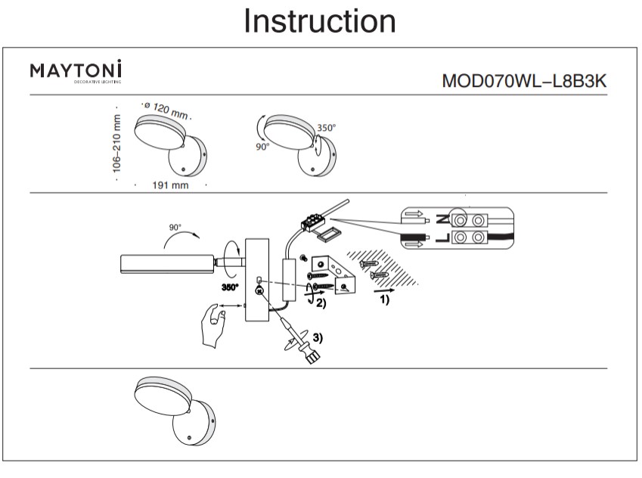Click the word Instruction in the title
(x=320, y=21)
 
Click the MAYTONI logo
(x=76, y=71)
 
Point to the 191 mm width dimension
(x=170, y=185)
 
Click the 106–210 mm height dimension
(x=118, y=144)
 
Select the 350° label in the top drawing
(x=326, y=129)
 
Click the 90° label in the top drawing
(x=262, y=147)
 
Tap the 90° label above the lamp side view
(x=176, y=227)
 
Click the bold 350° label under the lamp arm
(x=229, y=287)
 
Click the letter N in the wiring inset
(x=442, y=220)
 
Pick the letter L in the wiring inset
(x=442, y=239)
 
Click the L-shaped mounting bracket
(x=333, y=277)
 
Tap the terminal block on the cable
(x=311, y=222)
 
